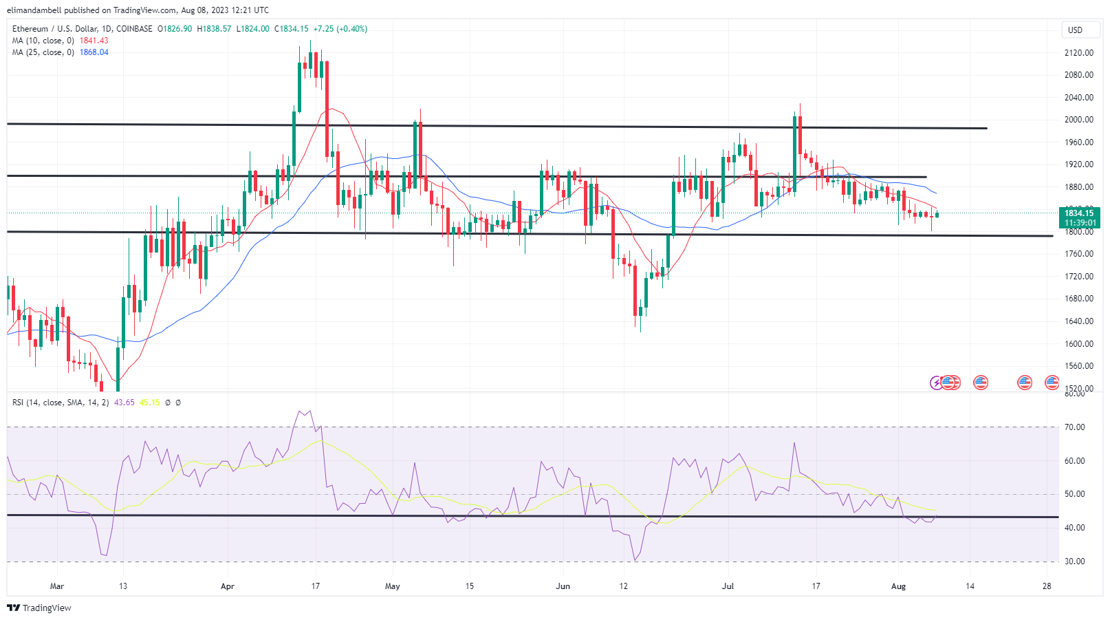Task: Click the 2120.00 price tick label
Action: point(1078,53)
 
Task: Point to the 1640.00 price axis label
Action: point(1078,321)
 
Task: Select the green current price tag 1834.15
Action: point(1078,213)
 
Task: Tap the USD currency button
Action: point(1075,30)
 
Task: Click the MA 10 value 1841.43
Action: point(94,41)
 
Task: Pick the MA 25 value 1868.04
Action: point(94,52)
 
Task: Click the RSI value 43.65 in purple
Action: point(124,403)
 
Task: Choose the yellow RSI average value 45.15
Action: point(149,403)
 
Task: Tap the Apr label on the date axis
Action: point(228,586)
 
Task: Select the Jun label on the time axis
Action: point(563,586)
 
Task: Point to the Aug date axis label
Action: point(898,586)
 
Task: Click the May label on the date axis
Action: point(393,586)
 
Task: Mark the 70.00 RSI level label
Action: point(1074,427)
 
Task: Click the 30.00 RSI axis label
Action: point(1074,562)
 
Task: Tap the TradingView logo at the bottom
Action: point(39,608)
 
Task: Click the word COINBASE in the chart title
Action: point(135,29)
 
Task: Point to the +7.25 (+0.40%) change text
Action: point(340,29)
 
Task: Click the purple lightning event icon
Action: point(936,383)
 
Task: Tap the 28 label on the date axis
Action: point(1047,586)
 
